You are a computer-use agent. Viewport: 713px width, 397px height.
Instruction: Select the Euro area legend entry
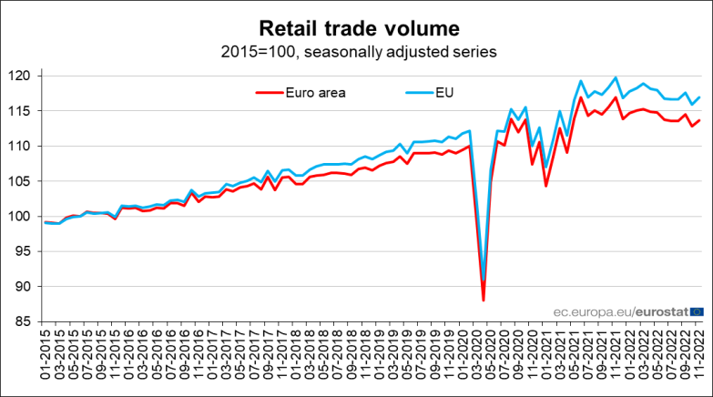315,91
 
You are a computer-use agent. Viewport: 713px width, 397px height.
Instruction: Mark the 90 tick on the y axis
25,287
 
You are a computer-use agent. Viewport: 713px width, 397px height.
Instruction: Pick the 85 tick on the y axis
25,321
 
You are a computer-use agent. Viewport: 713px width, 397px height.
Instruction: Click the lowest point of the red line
484,300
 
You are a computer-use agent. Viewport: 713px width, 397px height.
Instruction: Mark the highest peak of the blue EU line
616,77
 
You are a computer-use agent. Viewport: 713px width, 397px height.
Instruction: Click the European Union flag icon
697,311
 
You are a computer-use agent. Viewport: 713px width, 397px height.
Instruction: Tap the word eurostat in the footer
662,311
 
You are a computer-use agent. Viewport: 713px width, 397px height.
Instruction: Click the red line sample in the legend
269,91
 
